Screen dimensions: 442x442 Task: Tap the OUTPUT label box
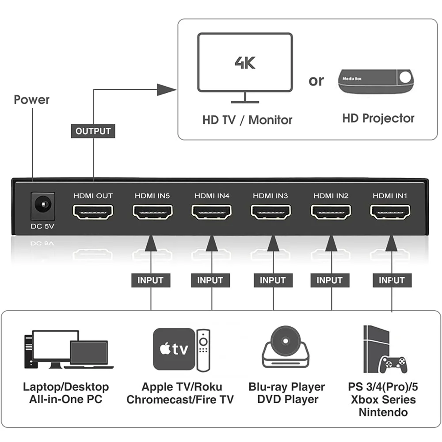[x=93, y=131]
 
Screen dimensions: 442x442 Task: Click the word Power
[x=31, y=99]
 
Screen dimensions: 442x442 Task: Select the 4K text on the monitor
[x=245, y=62]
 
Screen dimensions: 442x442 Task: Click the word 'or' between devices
[x=316, y=81]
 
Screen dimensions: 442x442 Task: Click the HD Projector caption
[x=378, y=118]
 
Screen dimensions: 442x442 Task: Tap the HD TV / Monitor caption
[x=247, y=120]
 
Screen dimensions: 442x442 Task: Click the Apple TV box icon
[x=174, y=349]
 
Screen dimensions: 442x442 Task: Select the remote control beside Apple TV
[x=203, y=349]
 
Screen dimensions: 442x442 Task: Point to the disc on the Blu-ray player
[x=283, y=340]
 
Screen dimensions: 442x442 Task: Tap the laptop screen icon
[x=89, y=352]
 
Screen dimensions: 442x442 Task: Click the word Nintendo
[x=383, y=413]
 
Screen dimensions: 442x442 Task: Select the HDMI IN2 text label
[x=331, y=195]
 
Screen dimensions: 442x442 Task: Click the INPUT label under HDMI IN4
[x=210, y=280]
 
